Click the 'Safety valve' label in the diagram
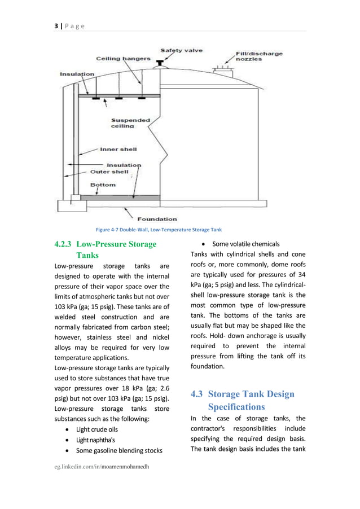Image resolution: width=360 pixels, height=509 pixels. [x=183, y=50]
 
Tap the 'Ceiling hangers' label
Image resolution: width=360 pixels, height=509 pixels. [x=124, y=58]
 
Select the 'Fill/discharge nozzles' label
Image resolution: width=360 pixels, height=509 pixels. [x=258, y=58]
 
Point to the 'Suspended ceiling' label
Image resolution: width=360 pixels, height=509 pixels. [x=130, y=123]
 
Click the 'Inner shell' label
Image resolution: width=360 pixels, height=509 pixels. [x=118, y=150]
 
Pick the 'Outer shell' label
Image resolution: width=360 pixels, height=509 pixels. [x=109, y=172]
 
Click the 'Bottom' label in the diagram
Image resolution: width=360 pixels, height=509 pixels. [x=103, y=185]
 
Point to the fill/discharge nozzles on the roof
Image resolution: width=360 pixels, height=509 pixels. [x=222, y=69]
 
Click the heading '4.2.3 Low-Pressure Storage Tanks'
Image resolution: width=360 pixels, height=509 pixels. [x=106, y=249]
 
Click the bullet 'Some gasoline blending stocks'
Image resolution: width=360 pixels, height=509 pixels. [x=119, y=450]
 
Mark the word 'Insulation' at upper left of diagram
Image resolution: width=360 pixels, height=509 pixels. [x=77, y=74]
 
